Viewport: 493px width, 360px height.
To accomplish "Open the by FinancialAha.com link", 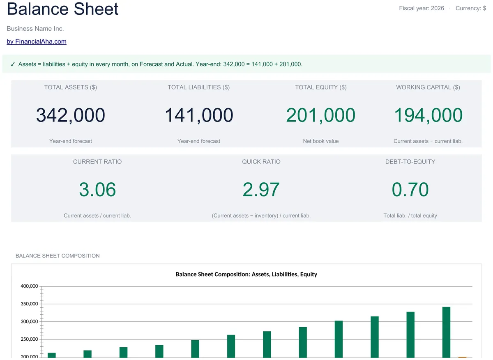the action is coord(37,41).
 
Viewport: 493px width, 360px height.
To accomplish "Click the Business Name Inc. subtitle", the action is coord(35,29).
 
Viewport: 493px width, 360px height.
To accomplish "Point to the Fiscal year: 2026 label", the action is coord(422,8).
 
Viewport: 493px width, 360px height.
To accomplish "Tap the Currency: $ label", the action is coord(471,8).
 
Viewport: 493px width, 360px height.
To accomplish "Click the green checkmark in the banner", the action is coord(13,64).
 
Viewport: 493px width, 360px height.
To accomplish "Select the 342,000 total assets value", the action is coord(71,115).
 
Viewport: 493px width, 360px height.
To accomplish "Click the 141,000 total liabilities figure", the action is coord(199,115).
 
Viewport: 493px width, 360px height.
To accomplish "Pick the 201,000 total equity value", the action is coord(321,115).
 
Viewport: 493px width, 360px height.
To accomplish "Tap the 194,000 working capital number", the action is coord(428,115).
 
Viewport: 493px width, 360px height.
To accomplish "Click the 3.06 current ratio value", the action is coord(97,189).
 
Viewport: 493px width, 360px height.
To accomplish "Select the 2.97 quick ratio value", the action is coord(261,189).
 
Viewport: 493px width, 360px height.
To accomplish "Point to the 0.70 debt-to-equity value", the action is coord(410,189).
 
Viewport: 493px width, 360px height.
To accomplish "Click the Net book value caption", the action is coord(321,141).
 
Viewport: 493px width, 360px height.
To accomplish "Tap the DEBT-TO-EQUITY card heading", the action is coord(410,162).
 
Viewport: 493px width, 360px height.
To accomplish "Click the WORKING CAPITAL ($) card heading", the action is coord(428,87).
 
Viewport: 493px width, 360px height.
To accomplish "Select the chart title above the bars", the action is coord(246,274).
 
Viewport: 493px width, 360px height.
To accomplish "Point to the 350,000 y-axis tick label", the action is coord(29,304).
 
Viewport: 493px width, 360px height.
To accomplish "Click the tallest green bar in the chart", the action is coord(446,332).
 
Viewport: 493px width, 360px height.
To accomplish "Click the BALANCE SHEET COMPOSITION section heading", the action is coord(58,256).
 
